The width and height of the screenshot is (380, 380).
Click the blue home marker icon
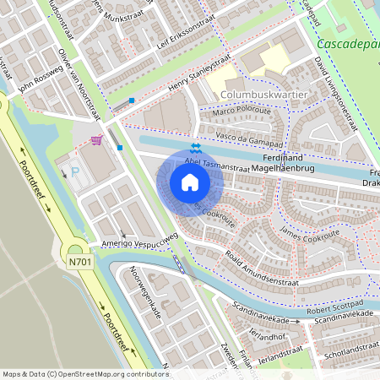point(190,182)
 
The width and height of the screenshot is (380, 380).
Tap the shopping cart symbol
point(97,140)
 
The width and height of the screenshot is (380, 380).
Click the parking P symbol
point(75,171)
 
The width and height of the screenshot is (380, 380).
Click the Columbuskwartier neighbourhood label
point(263,94)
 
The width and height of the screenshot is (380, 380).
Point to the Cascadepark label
point(348,43)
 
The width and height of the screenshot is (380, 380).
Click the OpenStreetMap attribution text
point(85,373)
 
